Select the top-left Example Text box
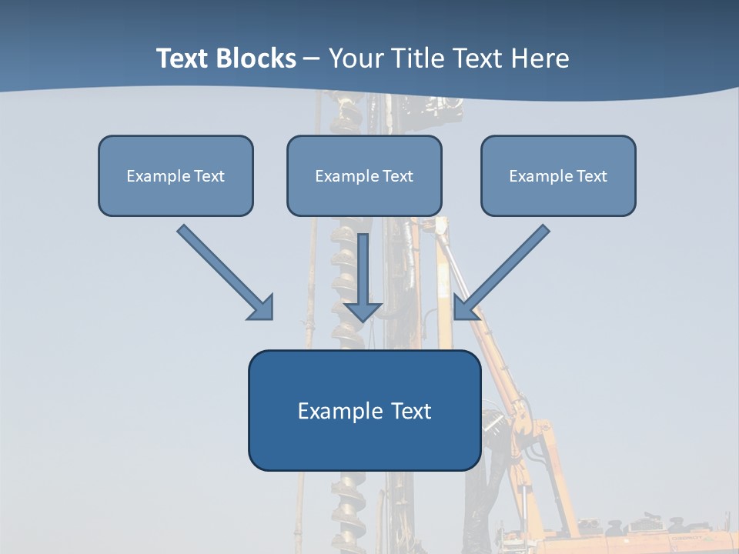176,175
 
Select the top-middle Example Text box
364,175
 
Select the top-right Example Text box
558,175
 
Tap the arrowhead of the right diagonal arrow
465,307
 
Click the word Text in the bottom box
411,411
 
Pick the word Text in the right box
592,176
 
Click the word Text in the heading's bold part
183,58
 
